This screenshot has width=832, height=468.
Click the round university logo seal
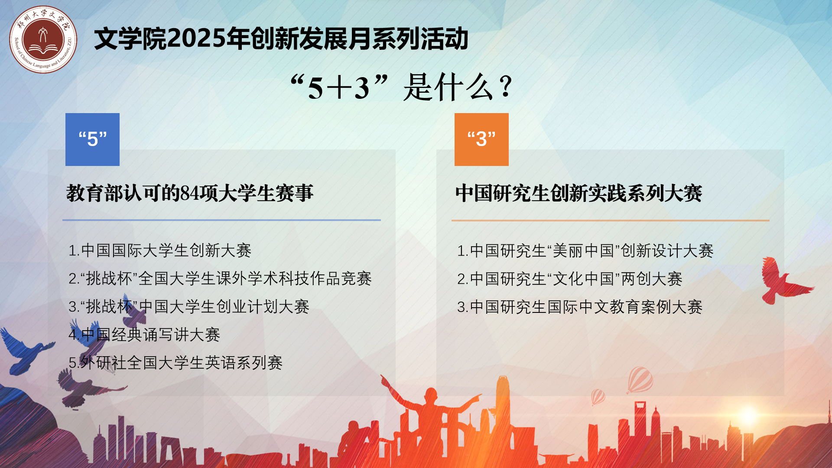tap(43, 39)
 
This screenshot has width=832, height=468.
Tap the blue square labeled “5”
tap(92, 140)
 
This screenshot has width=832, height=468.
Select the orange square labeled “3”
tap(481, 140)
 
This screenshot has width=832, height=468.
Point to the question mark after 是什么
tap(506, 87)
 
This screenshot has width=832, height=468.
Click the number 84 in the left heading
tap(190, 193)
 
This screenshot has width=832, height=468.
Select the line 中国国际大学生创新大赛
tap(160, 250)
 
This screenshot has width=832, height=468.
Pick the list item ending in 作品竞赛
tap(220, 279)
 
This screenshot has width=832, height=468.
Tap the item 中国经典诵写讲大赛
tap(144, 335)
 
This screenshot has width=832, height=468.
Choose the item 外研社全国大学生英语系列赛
tap(175, 363)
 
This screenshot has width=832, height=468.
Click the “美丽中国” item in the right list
tap(585, 251)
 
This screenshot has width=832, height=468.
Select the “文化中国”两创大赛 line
tap(570, 279)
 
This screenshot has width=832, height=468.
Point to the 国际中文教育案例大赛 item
tap(580, 307)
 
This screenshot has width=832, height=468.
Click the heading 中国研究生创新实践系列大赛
tap(578, 193)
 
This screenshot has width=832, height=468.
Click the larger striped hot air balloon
tap(640, 380)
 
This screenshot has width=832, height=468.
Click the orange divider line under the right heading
tap(611, 221)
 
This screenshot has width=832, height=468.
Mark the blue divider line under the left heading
tap(221, 220)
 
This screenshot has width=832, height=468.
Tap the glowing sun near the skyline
tap(748, 415)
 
